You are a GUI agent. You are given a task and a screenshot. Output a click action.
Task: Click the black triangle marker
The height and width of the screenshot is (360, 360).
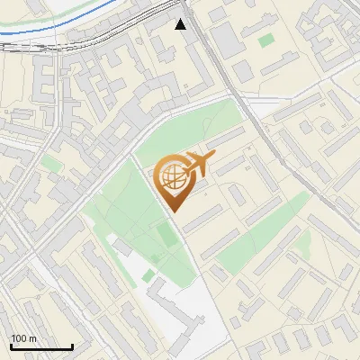[x=181, y=24]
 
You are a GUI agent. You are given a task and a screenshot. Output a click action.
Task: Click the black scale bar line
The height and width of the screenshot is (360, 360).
[x=41, y=346]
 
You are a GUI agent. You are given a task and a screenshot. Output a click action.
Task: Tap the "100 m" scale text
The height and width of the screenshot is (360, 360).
[x=24, y=338]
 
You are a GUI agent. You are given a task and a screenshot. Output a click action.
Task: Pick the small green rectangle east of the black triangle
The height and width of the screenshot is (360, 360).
[x=265, y=40]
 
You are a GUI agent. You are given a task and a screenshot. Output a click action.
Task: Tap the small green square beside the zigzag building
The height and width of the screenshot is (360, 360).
[x=154, y=259]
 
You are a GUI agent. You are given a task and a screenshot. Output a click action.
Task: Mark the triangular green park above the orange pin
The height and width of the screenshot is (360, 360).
[x=189, y=130]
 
